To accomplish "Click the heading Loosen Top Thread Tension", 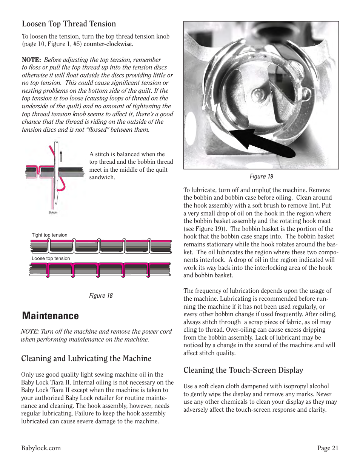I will [x=69, y=24].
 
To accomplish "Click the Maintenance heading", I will [x=51, y=316].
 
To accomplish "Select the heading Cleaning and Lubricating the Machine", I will [x=86, y=358].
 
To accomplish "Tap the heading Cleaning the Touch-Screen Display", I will [x=243, y=370].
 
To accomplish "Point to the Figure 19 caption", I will [x=261, y=177].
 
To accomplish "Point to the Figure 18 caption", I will [x=101, y=296].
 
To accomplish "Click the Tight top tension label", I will [x=49, y=235].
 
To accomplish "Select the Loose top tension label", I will [x=51, y=258].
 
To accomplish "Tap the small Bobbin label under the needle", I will [x=53, y=212].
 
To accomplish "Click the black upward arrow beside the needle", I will [x=61, y=155].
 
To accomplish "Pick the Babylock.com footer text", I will [x=41, y=448].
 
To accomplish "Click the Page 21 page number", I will [x=328, y=448].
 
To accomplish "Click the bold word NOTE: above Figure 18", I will [x=31, y=60].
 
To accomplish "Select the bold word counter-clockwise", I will [x=108, y=44].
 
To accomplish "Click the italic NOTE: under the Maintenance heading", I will [x=30, y=332].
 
